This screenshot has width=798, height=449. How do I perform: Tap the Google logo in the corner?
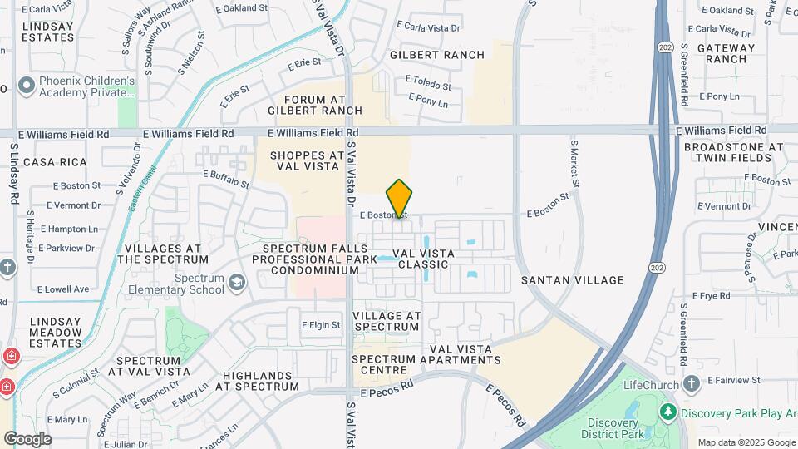[27, 438]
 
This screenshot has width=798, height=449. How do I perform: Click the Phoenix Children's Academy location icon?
[26, 86]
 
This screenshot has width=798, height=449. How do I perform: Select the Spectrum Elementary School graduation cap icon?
[237, 284]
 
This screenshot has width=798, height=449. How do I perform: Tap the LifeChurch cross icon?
[692, 383]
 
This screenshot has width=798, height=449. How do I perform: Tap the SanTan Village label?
[572, 280]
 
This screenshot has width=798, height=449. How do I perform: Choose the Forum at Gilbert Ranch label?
[315, 104]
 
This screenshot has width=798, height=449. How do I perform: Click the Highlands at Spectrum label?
[257, 381]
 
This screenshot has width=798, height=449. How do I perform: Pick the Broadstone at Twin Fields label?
[733, 152]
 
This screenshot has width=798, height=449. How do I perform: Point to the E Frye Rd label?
[712, 295]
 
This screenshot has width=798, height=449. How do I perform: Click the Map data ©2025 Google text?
[746, 442]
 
